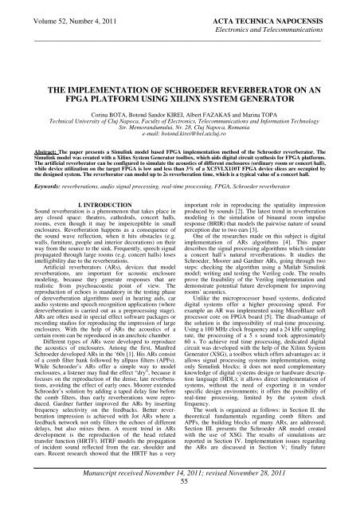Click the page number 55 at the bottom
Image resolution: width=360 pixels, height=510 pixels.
point(179,504)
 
